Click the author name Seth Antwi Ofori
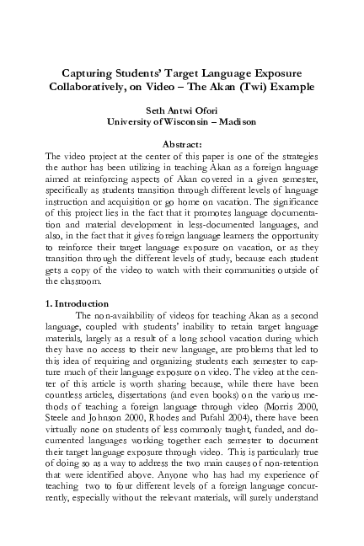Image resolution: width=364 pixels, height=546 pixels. tap(181, 110)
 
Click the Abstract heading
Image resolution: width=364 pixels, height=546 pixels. tap(181, 144)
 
